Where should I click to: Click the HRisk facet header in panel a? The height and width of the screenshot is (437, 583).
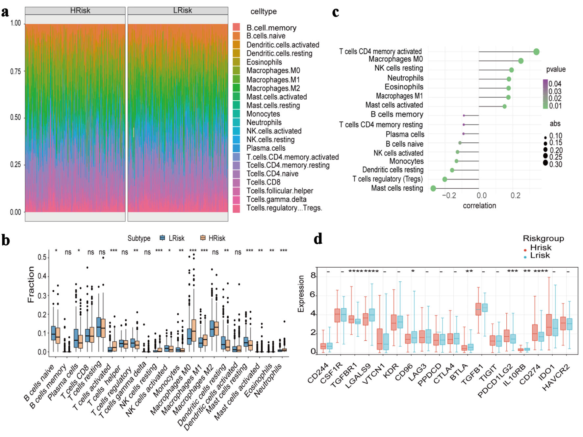[x=80, y=11]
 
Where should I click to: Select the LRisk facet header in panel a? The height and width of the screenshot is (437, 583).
[x=182, y=11]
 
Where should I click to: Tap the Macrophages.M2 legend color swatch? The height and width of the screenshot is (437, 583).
[x=236, y=88]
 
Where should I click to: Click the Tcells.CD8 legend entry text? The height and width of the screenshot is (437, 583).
[x=263, y=182]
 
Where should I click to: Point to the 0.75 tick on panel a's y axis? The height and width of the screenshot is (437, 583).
[x=15, y=72]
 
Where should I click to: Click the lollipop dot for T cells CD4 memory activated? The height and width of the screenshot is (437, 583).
[x=536, y=52]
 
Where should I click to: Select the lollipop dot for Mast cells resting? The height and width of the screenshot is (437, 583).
[x=433, y=188]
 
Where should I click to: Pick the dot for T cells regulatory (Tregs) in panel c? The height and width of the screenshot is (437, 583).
[x=445, y=179]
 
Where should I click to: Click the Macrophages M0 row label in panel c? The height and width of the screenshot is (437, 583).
[x=395, y=59]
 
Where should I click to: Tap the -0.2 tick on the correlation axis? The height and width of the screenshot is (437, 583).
[x=449, y=196]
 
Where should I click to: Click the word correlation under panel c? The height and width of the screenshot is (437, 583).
[x=479, y=206]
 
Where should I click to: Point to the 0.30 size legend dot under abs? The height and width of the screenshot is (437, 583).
[x=545, y=163]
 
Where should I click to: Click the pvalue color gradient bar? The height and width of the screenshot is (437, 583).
[x=545, y=94]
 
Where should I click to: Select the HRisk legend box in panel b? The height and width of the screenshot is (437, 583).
[x=203, y=238]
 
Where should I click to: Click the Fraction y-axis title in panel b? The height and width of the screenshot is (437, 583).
[x=31, y=284]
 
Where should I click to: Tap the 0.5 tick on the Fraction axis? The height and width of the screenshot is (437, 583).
[x=42, y=257]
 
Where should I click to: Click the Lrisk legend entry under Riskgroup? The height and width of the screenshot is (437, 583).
[x=540, y=255]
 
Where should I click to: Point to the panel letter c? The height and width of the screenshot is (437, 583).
[x=336, y=12]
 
